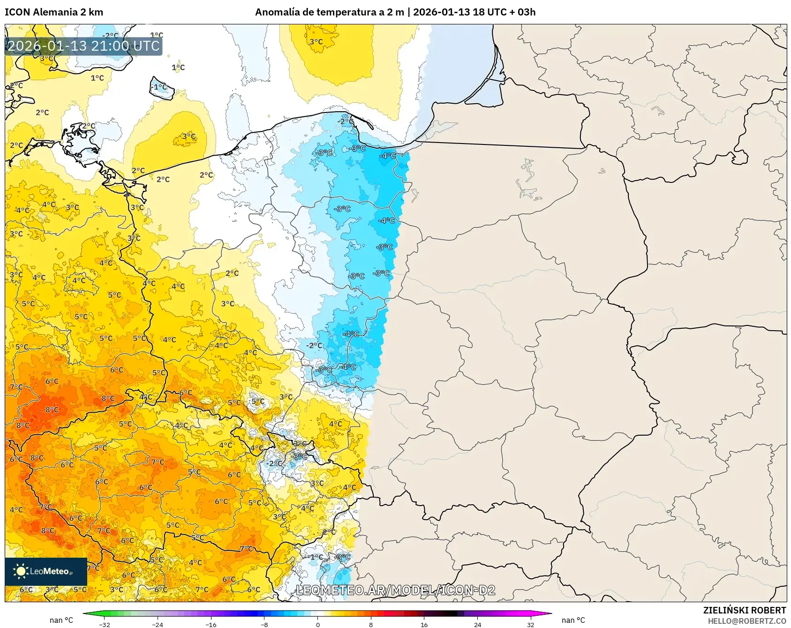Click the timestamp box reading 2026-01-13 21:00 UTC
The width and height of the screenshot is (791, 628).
(83, 46)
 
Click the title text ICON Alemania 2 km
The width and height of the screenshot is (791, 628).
(54, 12)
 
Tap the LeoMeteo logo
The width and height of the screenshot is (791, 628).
(46, 571)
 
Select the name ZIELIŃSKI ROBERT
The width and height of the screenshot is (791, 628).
(744, 610)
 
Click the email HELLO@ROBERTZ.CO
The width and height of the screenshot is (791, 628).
(746, 621)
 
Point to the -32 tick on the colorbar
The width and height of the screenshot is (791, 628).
(105, 624)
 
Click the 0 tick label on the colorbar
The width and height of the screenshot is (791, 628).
(317, 624)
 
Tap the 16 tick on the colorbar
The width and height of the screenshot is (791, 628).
(424, 624)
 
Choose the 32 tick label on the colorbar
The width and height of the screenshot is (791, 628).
(530, 624)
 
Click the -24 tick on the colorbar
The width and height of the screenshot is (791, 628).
(158, 624)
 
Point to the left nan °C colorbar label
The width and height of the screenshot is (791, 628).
(61, 620)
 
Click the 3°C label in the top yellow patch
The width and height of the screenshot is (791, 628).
(316, 42)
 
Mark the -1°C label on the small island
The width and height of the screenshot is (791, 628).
(160, 87)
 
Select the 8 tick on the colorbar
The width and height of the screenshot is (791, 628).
(370, 624)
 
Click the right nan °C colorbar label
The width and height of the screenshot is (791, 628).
(573, 620)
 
